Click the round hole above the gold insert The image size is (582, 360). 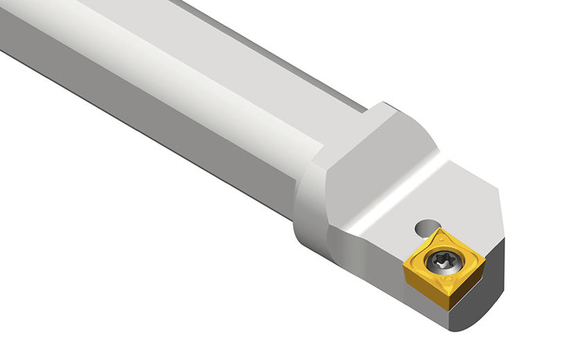[427, 227]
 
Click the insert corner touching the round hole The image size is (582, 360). [439, 232]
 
